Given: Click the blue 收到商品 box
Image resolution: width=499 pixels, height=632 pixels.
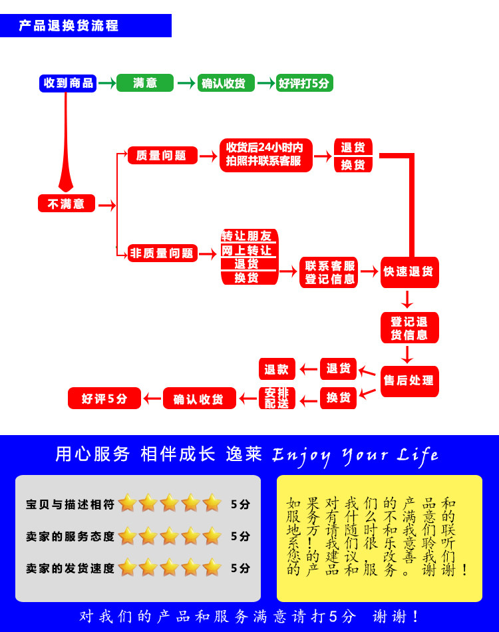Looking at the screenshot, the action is pyautogui.click(x=68, y=83).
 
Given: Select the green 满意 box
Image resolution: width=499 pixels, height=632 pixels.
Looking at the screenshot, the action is pyautogui.click(x=145, y=83).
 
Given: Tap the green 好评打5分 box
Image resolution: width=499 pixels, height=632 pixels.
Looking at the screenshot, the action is pyautogui.click(x=305, y=83).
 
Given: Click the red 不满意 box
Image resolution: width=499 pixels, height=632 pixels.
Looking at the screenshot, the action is pyautogui.click(x=67, y=204).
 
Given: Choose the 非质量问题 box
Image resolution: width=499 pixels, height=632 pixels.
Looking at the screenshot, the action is pyautogui.click(x=162, y=253).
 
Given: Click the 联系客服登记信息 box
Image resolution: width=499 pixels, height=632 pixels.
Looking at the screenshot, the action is pyautogui.click(x=329, y=273).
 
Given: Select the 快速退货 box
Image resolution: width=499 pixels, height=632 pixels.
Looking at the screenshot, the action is pyautogui.click(x=409, y=272).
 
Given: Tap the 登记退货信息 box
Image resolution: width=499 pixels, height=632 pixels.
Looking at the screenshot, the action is pyautogui.click(x=409, y=328).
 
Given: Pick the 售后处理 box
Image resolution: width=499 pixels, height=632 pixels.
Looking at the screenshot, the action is pyautogui.click(x=409, y=381).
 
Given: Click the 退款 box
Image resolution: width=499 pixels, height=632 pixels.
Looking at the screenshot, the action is pyautogui.click(x=277, y=369).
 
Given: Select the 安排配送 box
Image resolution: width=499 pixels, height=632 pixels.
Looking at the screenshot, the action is pyautogui.click(x=277, y=398).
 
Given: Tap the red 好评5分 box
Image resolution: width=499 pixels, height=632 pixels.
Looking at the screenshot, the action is pyautogui.click(x=104, y=398).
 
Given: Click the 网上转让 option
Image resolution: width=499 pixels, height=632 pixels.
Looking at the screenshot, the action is pyautogui.click(x=249, y=250).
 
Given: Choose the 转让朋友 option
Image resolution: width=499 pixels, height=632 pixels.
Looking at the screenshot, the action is pyautogui.click(x=249, y=236).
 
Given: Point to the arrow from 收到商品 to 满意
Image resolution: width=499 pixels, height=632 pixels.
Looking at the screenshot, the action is pyautogui.click(x=106, y=83).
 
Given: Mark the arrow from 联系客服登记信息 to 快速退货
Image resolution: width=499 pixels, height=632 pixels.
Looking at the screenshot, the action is pyautogui.click(x=369, y=271).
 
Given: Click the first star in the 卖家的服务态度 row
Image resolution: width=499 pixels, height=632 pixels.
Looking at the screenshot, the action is pyautogui.click(x=127, y=536).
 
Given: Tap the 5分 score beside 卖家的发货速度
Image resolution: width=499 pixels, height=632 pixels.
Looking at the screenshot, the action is pyautogui.click(x=240, y=569).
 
